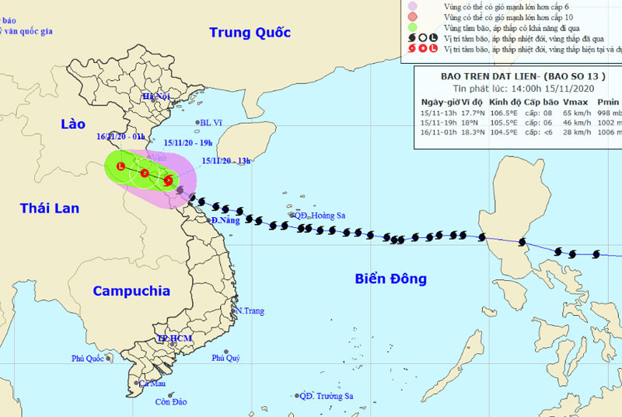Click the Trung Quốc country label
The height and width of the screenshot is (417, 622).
tap(250, 33)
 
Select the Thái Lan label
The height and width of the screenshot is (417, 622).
tap(50, 208)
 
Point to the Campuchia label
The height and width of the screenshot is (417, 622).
tap(131, 291)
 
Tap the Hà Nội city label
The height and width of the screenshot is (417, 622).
tap(155, 96)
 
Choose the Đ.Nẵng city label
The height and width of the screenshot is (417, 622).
tap(224, 220)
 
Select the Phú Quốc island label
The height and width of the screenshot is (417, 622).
tap(88, 359)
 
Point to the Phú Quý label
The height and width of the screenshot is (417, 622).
tap(227, 358)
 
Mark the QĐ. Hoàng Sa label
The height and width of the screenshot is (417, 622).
tap(319, 216)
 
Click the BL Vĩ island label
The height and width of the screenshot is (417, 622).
tap(211, 122)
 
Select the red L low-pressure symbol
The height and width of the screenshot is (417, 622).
tap(121, 166)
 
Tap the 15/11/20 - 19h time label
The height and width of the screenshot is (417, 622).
tap(189, 143)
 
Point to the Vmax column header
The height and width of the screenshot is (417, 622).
tap(575, 102)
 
